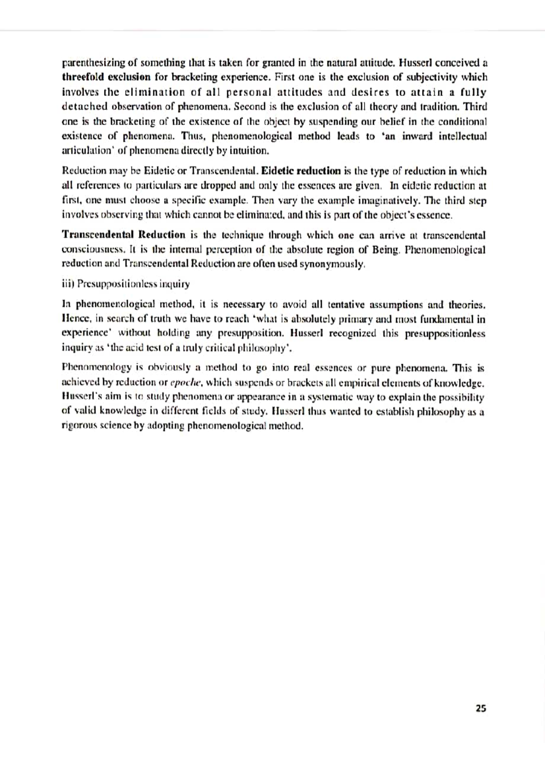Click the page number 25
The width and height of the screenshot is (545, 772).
point(481,708)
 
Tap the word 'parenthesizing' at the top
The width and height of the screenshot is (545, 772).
point(94,62)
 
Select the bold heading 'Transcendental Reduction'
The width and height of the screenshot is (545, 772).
point(124,235)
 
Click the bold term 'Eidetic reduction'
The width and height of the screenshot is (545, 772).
point(301,171)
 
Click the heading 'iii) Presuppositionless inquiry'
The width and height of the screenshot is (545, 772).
point(125,284)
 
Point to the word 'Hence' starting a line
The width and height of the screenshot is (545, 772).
point(74,319)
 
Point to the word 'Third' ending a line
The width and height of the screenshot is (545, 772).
point(475,106)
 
